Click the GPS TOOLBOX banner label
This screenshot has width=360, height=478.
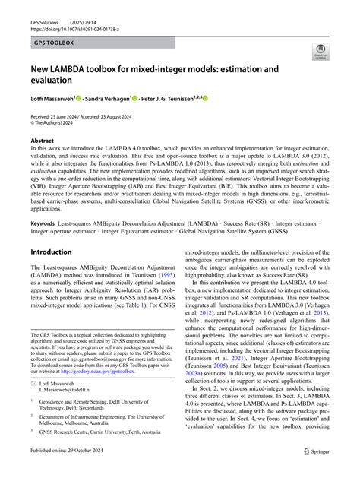coord(53,43)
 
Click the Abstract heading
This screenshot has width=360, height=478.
coord(42,141)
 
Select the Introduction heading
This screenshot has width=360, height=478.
coord(51,252)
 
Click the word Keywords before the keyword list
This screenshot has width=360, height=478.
coord(43,223)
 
